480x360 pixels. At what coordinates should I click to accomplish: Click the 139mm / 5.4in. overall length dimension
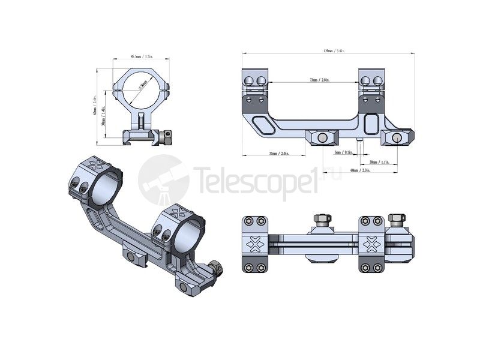pos(328,51)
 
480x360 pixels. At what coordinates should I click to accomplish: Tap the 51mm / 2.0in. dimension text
pos(278,154)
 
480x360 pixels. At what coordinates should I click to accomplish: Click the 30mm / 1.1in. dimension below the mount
pos(380,162)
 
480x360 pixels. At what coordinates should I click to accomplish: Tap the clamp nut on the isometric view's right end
pos(216,266)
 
